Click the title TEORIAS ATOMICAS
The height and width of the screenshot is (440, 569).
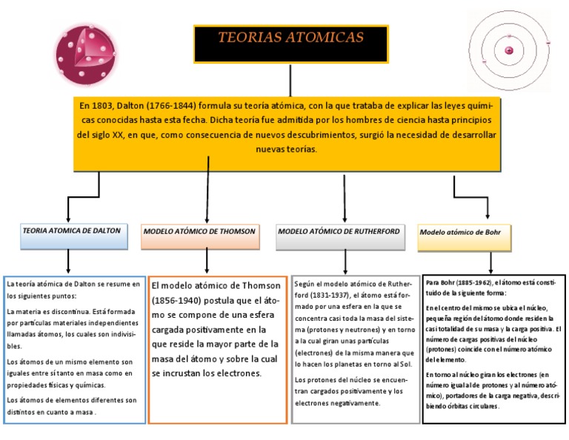pos(290,38)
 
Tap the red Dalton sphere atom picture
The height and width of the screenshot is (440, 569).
pos(85,57)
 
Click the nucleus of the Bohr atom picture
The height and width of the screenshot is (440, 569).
pos(509,50)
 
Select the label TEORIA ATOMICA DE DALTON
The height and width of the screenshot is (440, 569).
pos(71,231)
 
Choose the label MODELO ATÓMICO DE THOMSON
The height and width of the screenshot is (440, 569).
pos(199,232)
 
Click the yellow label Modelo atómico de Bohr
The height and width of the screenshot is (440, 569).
pos(460,232)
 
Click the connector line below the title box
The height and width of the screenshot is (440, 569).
pos(290,79)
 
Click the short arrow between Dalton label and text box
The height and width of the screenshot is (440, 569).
pos(68,261)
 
